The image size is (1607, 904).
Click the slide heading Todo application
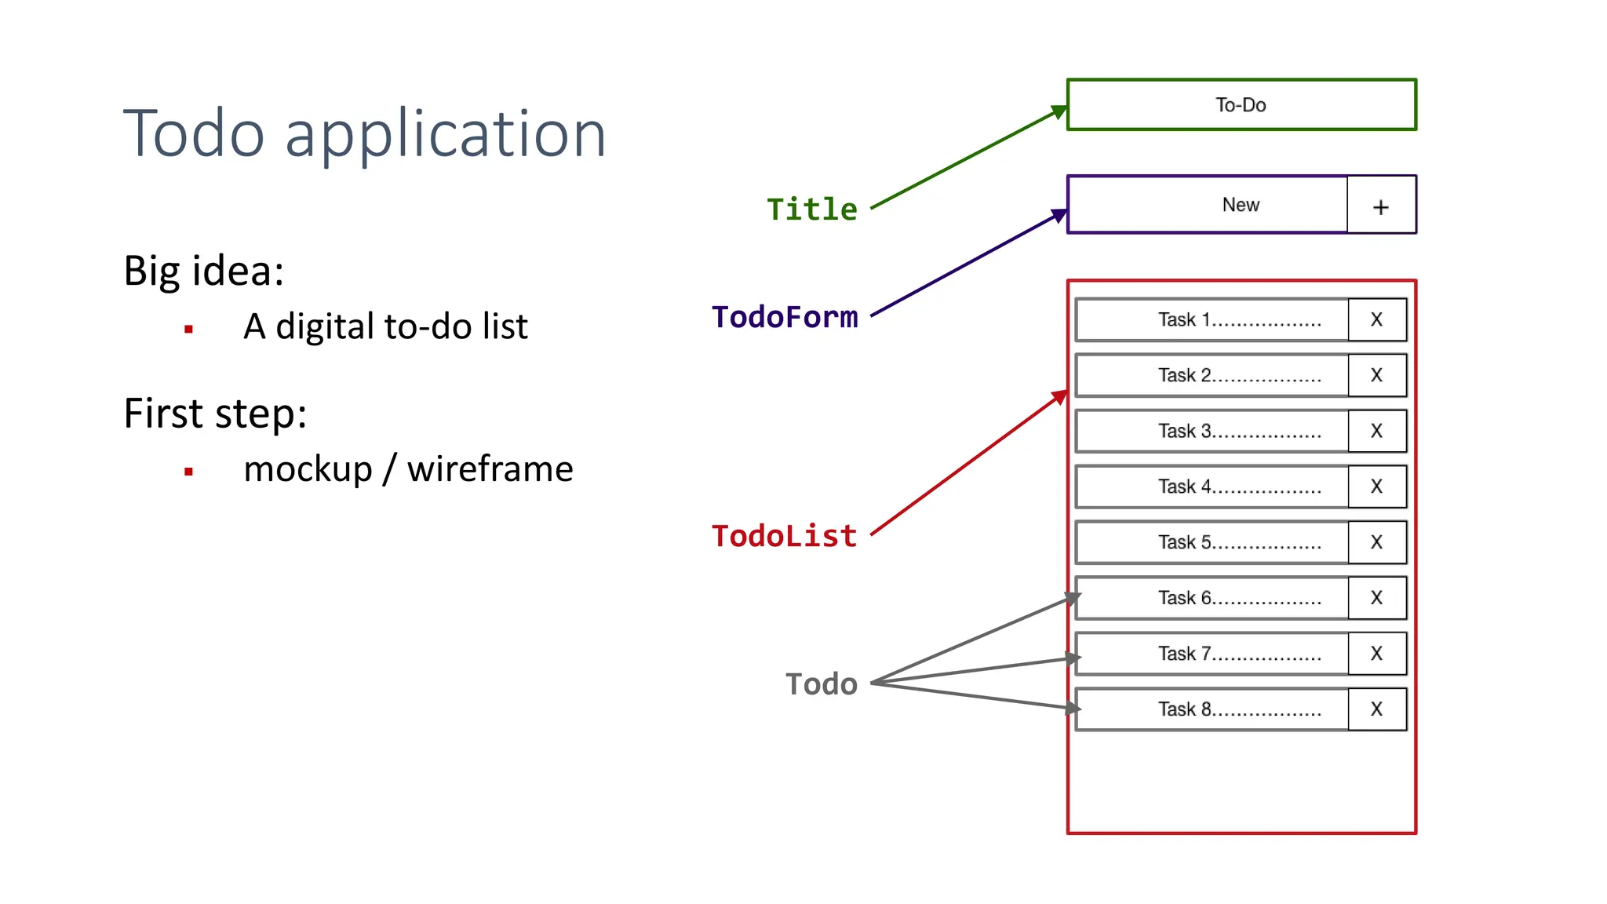pyautogui.click(x=365, y=134)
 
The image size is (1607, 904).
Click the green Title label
pyautogui.click(x=811, y=210)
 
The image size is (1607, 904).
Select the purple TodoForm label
pyautogui.click(x=784, y=317)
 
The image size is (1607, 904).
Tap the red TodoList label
pyautogui.click(x=784, y=536)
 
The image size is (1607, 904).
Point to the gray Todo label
pyautogui.click(x=822, y=684)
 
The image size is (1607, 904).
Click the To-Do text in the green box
pyautogui.click(x=1241, y=105)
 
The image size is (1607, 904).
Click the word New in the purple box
pyautogui.click(x=1241, y=205)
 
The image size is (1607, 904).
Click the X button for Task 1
pyautogui.click(x=1376, y=319)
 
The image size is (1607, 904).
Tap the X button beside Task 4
pyautogui.click(x=1376, y=487)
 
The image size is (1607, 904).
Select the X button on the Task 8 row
pyautogui.click(x=1376, y=709)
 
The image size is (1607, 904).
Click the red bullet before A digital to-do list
pyautogui.click(x=188, y=330)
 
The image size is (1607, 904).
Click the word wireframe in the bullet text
pyautogui.click(x=490, y=469)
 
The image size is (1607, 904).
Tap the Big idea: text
pyautogui.click(x=204, y=272)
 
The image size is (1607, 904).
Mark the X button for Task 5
pyautogui.click(x=1376, y=542)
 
